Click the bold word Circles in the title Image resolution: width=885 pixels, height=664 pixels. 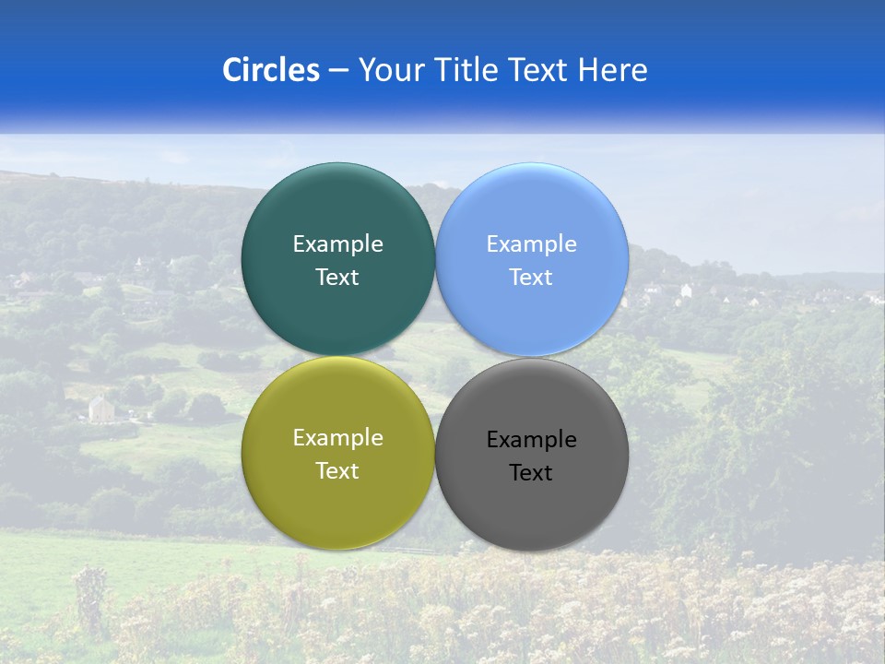click(271, 70)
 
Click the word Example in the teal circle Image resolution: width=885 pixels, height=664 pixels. click(337, 244)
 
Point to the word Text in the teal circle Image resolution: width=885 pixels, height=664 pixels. click(337, 278)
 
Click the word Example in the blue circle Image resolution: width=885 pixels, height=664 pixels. click(532, 244)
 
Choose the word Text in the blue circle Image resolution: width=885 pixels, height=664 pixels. click(532, 278)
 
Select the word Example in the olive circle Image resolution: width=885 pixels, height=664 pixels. click(337, 438)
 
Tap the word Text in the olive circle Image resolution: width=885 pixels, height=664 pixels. click(337, 471)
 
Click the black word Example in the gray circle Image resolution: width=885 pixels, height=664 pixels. click(532, 440)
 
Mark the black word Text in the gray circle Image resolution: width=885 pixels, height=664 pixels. click(532, 473)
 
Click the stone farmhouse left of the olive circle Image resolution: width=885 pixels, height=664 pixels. click(100, 407)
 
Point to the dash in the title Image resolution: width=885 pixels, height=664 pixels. click(338, 70)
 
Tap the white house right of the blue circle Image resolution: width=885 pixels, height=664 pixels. click(686, 290)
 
